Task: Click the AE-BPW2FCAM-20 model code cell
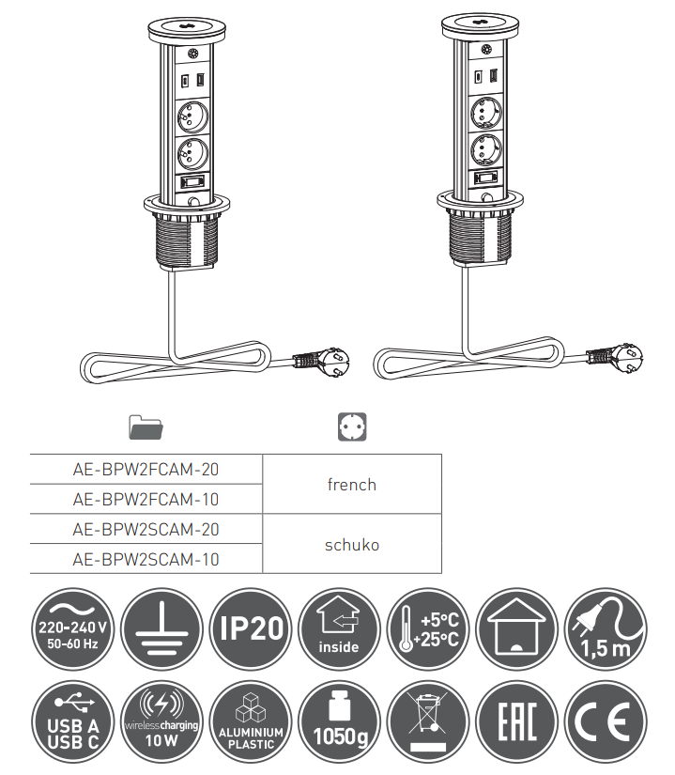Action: (146, 469)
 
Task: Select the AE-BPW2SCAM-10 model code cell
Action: (146, 559)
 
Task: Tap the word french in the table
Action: (351, 485)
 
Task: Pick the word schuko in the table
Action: (352, 545)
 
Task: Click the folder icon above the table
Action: (146, 427)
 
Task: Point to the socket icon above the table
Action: (352, 426)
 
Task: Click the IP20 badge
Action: (251, 628)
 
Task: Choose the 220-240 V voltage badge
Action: (72, 628)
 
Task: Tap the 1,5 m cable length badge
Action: (606, 628)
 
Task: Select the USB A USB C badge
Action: (72, 721)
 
